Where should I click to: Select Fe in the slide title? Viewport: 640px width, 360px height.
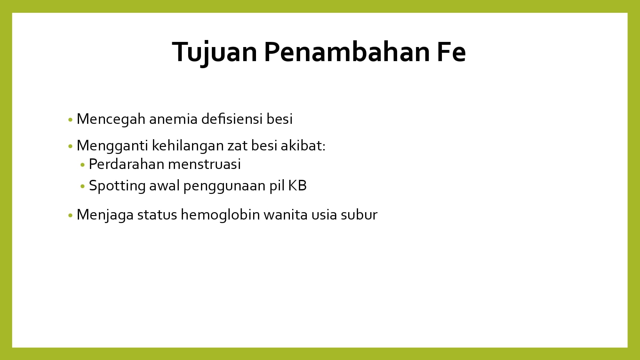pyautogui.click(x=451, y=52)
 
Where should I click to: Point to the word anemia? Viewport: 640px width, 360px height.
pyautogui.click(x=173, y=119)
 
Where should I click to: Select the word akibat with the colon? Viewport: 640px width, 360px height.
pyautogui.click(x=303, y=145)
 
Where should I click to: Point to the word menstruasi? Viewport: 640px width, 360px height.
pyautogui.click(x=204, y=164)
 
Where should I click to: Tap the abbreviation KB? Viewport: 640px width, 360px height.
pyautogui.click(x=297, y=186)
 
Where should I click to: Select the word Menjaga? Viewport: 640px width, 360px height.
pyautogui.click(x=105, y=215)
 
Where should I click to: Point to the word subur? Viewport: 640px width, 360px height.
pyautogui.click(x=359, y=214)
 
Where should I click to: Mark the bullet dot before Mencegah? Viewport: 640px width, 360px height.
pyautogui.click(x=70, y=120)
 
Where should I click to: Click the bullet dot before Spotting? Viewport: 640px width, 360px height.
pyautogui.click(x=83, y=186)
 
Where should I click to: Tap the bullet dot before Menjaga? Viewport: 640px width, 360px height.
pyautogui.click(x=70, y=215)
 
